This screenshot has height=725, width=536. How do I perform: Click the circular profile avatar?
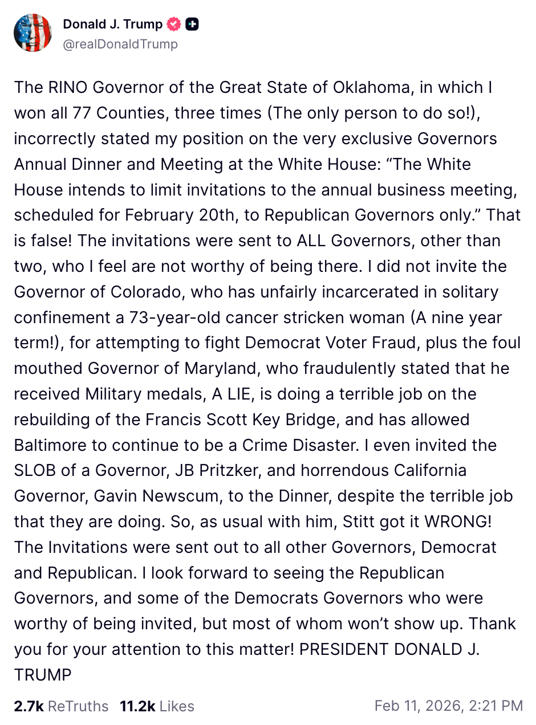(33, 33)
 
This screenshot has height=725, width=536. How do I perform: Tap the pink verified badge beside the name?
(173, 24)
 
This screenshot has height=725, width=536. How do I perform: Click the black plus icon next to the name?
(193, 24)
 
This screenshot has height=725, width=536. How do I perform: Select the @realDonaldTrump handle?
(120, 44)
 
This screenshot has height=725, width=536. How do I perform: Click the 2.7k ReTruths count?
(61, 706)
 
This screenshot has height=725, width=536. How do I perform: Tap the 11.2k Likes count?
(157, 706)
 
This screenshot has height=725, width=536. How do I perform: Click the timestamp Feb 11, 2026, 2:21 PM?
(448, 706)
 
